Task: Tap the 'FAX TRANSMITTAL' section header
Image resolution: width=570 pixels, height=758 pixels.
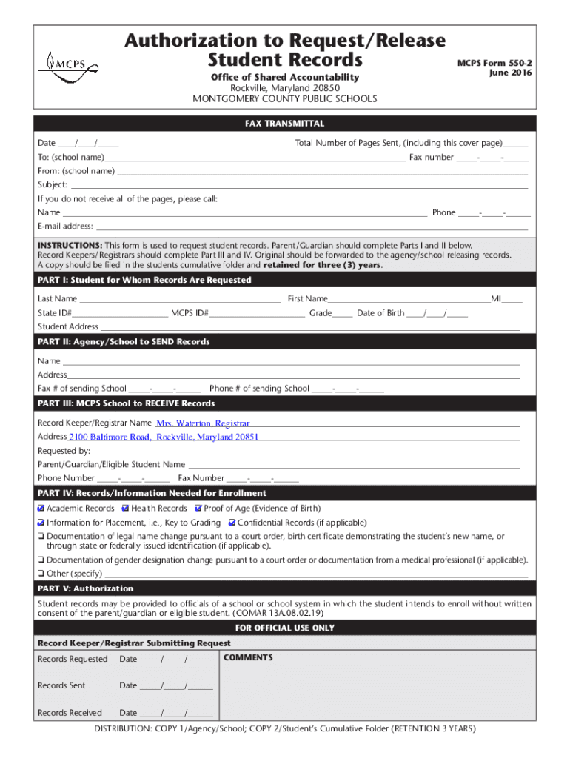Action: click(x=284, y=124)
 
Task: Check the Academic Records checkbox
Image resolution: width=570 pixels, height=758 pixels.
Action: click(x=41, y=509)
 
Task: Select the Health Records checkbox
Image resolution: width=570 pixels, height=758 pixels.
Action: click(x=126, y=509)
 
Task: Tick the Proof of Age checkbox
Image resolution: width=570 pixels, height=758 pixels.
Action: click(x=198, y=509)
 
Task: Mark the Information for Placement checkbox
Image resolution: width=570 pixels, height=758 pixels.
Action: click(x=41, y=523)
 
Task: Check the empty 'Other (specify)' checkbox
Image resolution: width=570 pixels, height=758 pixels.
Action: click(x=41, y=574)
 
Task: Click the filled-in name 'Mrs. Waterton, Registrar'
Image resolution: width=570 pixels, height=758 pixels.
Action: click(x=203, y=423)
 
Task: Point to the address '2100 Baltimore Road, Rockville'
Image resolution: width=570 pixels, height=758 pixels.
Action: click(x=164, y=437)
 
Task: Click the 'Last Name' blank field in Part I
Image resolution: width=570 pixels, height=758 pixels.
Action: click(x=179, y=299)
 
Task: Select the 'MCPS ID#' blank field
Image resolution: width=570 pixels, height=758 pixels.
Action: click(x=257, y=313)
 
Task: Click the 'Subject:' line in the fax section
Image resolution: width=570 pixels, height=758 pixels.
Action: click(x=296, y=185)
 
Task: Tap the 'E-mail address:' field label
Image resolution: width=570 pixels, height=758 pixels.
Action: click(x=65, y=227)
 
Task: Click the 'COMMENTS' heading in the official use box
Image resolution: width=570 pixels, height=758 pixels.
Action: click(x=248, y=657)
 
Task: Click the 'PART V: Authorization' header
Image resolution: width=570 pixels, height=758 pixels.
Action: click(x=86, y=588)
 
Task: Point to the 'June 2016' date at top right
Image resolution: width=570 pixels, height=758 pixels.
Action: click(x=510, y=73)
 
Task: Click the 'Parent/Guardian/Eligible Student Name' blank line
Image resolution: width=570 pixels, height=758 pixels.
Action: click(x=353, y=465)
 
